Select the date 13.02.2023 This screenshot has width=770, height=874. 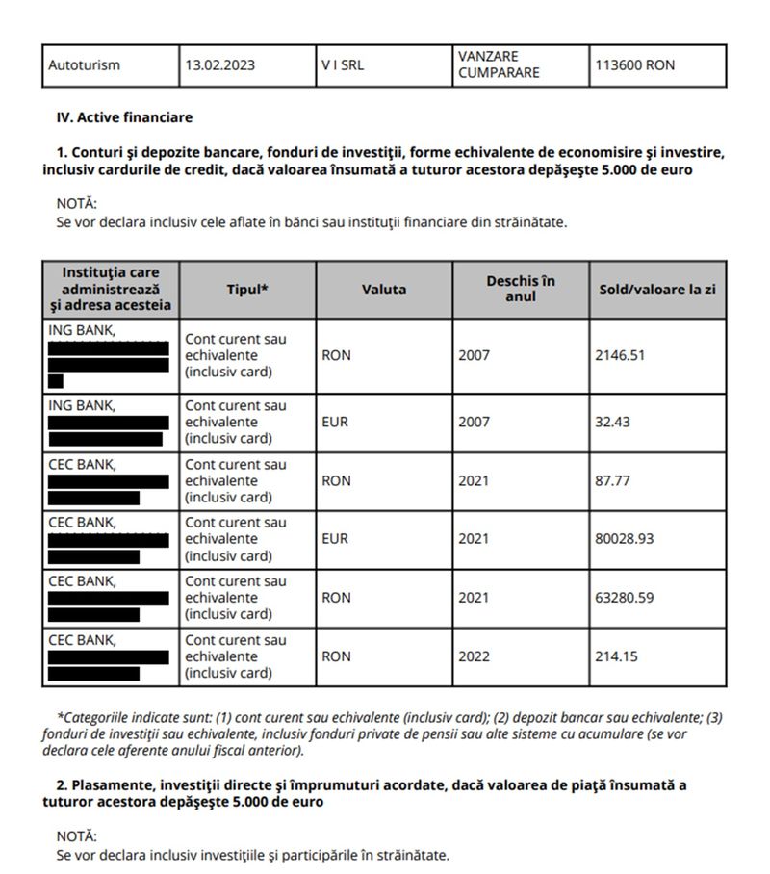tap(219, 66)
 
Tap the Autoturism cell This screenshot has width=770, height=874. tap(84, 66)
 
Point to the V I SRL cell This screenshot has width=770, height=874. tap(343, 66)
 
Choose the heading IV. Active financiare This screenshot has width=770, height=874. tap(125, 117)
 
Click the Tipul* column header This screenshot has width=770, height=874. tap(247, 289)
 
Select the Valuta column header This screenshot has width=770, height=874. tap(384, 289)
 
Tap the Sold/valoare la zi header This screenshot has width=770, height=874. tap(657, 289)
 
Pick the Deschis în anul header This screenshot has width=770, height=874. tap(521, 289)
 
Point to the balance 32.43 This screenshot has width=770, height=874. tap(612, 422)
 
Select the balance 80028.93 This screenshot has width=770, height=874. tap(625, 539)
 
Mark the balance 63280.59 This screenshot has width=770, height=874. tap(625, 598)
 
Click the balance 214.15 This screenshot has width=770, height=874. tap(616, 656)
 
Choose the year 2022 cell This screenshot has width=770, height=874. tap(474, 656)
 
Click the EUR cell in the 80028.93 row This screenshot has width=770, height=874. tap(336, 539)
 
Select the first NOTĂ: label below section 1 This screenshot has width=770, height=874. tap(77, 204)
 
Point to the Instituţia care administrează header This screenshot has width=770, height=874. tap(111, 289)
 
